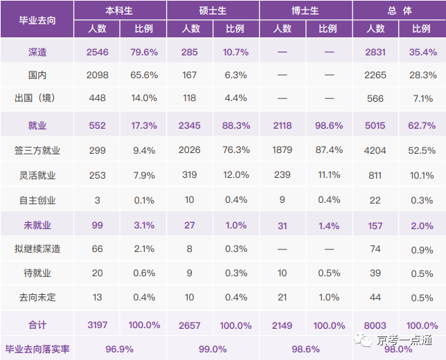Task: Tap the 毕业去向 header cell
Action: (x=37, y=19)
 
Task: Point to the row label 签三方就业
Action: (x=37, y=150)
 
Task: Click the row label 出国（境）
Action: (x=37, y=98)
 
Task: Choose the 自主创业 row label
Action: (x=37, y=200)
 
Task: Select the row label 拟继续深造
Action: (x=37, y=249)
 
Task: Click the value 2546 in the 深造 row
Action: (x=98, y=52)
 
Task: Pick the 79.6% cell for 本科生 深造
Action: (x=144, y=52)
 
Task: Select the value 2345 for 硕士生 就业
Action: (x=190, y=125)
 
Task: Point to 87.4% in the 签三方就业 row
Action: (x=328, y=150)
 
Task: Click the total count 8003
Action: (x=375, y=325)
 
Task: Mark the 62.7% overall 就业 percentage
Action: (x=422, y=125)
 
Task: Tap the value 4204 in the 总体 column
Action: (x=375, y=150)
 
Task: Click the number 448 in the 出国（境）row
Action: (x=98, y=98)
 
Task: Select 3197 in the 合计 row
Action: (x=98, y=325)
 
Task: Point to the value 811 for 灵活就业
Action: (x=375, y=175)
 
